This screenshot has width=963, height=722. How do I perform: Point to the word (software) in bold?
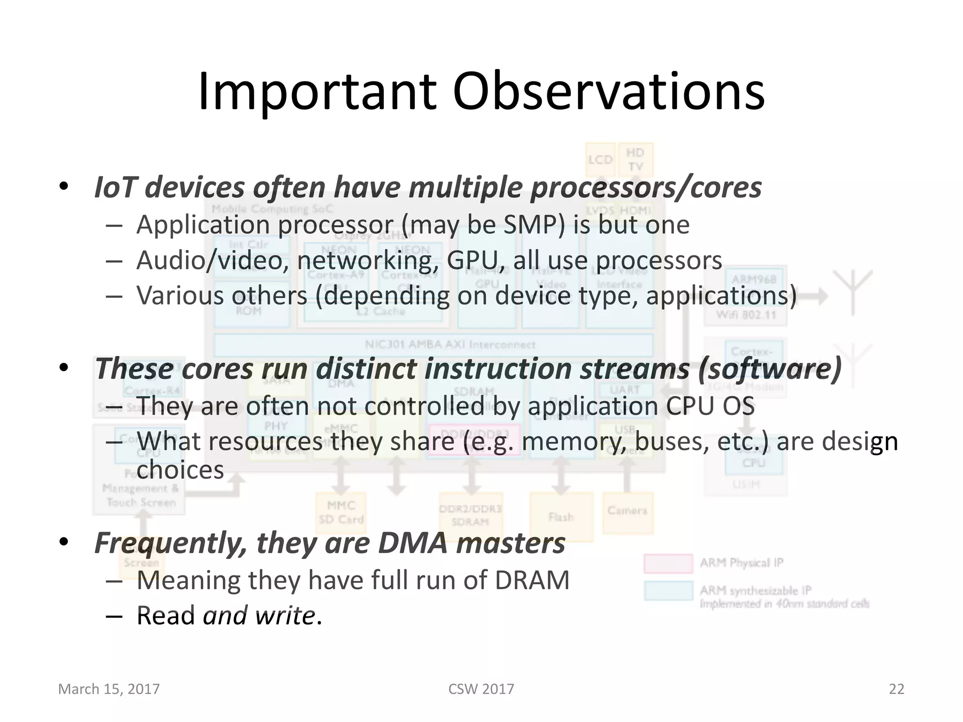(x=770, y=369)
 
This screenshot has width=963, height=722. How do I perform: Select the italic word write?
(x=285, y=616)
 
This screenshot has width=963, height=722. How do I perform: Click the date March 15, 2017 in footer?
(x=109, y=689)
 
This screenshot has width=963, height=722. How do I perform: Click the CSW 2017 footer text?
(x=481, y=689)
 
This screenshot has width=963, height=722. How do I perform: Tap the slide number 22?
(x=896, y=689)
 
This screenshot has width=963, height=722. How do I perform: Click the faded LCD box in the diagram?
(x=600, y=160)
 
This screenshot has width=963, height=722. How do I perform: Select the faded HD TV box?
(x=635, y=160)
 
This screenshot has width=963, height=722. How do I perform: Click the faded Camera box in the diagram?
(x=627, y=512)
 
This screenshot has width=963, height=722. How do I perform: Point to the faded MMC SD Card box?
(x=341, y=513)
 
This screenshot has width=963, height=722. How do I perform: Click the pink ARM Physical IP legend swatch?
(x=668, y=564)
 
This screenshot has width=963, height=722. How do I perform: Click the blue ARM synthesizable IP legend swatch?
(x=668, y=591)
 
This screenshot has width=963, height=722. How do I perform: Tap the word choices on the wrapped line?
(x=180, y=470)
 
